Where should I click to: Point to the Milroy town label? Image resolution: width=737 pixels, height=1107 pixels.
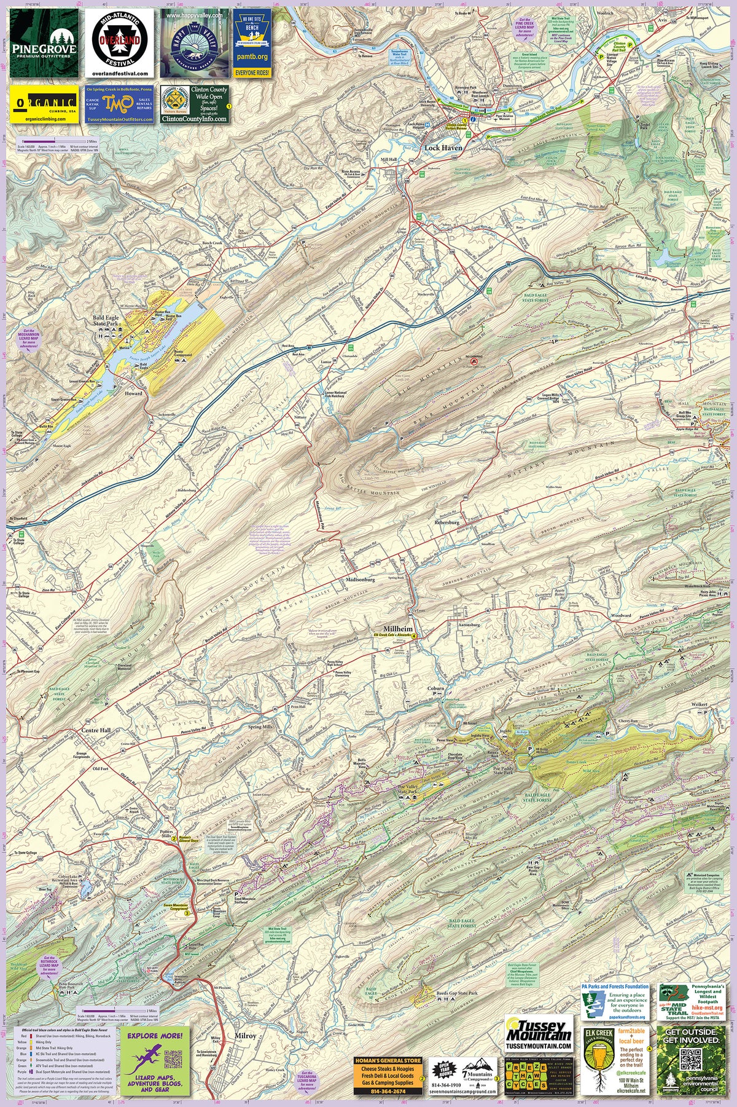245,1036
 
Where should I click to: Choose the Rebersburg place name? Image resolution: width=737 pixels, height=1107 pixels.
447,522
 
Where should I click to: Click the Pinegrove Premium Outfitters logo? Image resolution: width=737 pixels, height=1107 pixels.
44,43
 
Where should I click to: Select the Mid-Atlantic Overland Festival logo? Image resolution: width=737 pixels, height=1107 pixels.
119,43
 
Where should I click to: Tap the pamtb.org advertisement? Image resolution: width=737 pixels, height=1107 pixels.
252,43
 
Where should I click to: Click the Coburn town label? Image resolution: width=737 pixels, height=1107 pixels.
435,688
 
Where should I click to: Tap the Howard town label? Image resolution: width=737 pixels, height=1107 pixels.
133,393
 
